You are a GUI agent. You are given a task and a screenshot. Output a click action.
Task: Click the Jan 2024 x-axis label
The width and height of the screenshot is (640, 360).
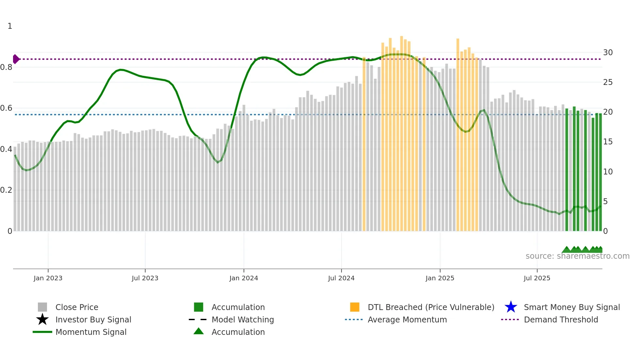(x=244, y=278)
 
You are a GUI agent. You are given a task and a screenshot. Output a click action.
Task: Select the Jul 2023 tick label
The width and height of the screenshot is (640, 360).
(x=145, y=278)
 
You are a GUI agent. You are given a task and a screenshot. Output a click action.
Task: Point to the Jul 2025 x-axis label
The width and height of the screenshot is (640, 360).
(x=537, y=278)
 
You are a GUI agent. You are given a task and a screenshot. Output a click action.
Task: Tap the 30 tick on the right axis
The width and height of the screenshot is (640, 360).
(x=608, y=53)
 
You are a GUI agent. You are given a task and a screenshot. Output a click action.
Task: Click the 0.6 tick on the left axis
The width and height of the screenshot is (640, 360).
(x=6, y=108)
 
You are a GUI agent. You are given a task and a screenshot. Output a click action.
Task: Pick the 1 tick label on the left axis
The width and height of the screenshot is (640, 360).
(x=10, y=26)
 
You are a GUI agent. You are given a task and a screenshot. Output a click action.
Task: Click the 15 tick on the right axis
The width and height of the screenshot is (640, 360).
(x=608, y=142)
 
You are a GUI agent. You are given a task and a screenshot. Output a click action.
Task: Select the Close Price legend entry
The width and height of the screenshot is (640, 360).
(x=77, y=307)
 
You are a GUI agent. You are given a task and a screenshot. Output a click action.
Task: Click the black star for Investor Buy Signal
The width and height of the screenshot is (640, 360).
(x=42, y=319)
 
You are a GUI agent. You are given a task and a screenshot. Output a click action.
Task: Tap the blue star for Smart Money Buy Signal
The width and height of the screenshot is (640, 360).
(x=511, y=307)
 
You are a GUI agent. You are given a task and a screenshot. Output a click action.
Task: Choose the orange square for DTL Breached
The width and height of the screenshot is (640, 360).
(x=355, y=307)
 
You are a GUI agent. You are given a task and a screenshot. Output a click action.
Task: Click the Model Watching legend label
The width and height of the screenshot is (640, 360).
(x=243, y=319)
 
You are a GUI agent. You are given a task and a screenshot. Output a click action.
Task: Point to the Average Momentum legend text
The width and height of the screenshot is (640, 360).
(x=407, y=319)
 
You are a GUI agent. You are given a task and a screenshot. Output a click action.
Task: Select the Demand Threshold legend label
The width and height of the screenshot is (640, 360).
(x=561, y=319)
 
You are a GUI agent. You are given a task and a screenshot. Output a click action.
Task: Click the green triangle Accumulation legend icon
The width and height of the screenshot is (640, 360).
(x=199, y=332)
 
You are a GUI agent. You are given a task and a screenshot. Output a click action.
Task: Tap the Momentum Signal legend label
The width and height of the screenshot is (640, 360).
(x=91, y=332)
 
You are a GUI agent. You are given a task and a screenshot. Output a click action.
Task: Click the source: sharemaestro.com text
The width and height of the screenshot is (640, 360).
(x=577, y=256)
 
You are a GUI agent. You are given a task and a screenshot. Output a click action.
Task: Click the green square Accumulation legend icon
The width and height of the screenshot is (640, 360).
(x=199, y=307)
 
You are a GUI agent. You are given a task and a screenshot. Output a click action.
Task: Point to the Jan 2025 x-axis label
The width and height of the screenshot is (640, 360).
(x=440, y=278)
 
